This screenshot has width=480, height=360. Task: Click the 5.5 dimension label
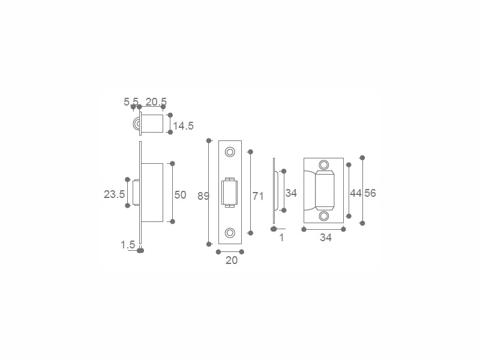point(131,101)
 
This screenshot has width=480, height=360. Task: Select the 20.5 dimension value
point(156,101)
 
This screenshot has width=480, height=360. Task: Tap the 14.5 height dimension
point(184,126)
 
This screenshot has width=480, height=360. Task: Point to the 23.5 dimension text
point(114,194)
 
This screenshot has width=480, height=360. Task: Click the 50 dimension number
point(181,195)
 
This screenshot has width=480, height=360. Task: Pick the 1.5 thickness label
point(128,245)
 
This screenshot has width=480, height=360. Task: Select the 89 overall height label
point(203,196)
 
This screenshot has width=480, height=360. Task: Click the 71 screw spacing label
point(258,196)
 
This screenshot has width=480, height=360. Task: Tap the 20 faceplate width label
point(232,260)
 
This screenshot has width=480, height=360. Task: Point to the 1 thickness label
point(281,238)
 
